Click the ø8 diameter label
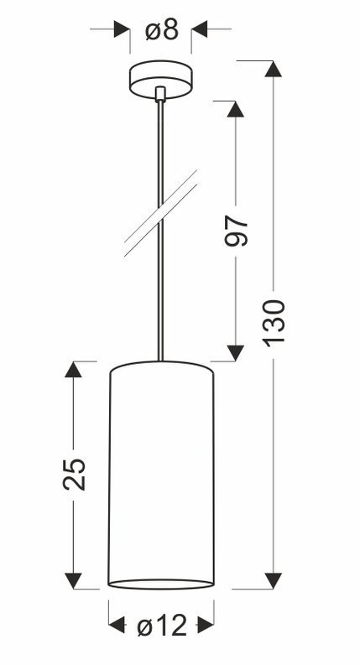162,30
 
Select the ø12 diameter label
162,625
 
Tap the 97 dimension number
236,231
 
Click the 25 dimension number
75,474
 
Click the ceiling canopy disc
161,80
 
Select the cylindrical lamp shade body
161,475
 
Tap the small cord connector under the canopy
160,94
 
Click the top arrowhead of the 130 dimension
273,69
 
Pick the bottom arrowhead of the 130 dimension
273,580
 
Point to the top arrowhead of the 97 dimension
236,109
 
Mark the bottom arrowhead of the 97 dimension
236,353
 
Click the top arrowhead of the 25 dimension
73,370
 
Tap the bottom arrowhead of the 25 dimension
73,580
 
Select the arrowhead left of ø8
122,29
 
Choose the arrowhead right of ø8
199,29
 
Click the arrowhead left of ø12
117,625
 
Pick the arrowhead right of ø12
206,625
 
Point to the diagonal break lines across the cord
160,214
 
